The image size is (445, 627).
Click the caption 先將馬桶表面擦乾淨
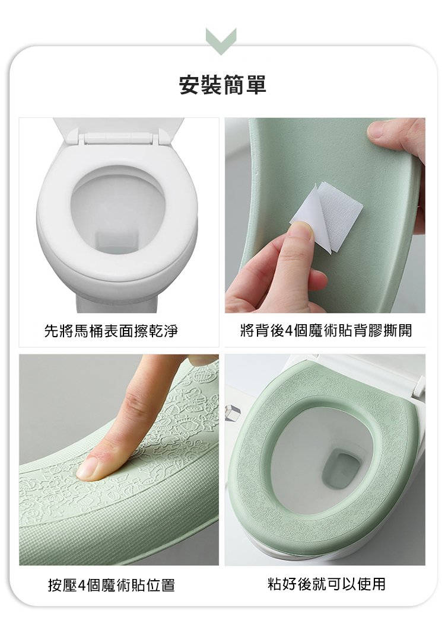[x=111, y=331]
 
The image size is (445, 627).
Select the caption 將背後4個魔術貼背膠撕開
[x=326, y=331]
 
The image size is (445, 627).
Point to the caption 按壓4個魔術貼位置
[x=112, y=586]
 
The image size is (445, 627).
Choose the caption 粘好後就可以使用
[x=326, y=584]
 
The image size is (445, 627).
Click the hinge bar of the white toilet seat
[x=119, y=139]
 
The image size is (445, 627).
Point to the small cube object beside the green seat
[x=233, y=412]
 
